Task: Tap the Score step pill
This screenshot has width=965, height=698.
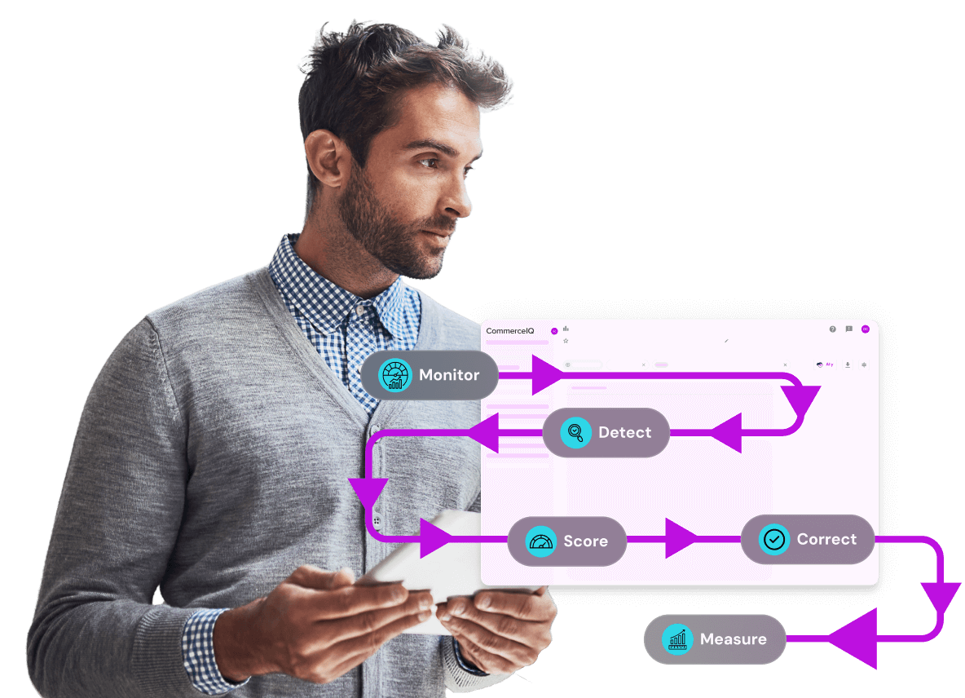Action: (x=567, y=541)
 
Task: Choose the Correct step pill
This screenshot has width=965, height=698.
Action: (x=807, y=539)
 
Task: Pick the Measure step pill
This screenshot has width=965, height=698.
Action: (x=715, y=639)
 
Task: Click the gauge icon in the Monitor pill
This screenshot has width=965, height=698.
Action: (x=395, y=375)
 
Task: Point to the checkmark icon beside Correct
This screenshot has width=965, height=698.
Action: (x=773, y=539)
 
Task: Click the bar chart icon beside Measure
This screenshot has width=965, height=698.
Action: (x=676, y=639)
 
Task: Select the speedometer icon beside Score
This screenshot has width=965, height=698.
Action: (x=540, y=541)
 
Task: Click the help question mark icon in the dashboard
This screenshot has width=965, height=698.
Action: (x=832, y=329)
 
